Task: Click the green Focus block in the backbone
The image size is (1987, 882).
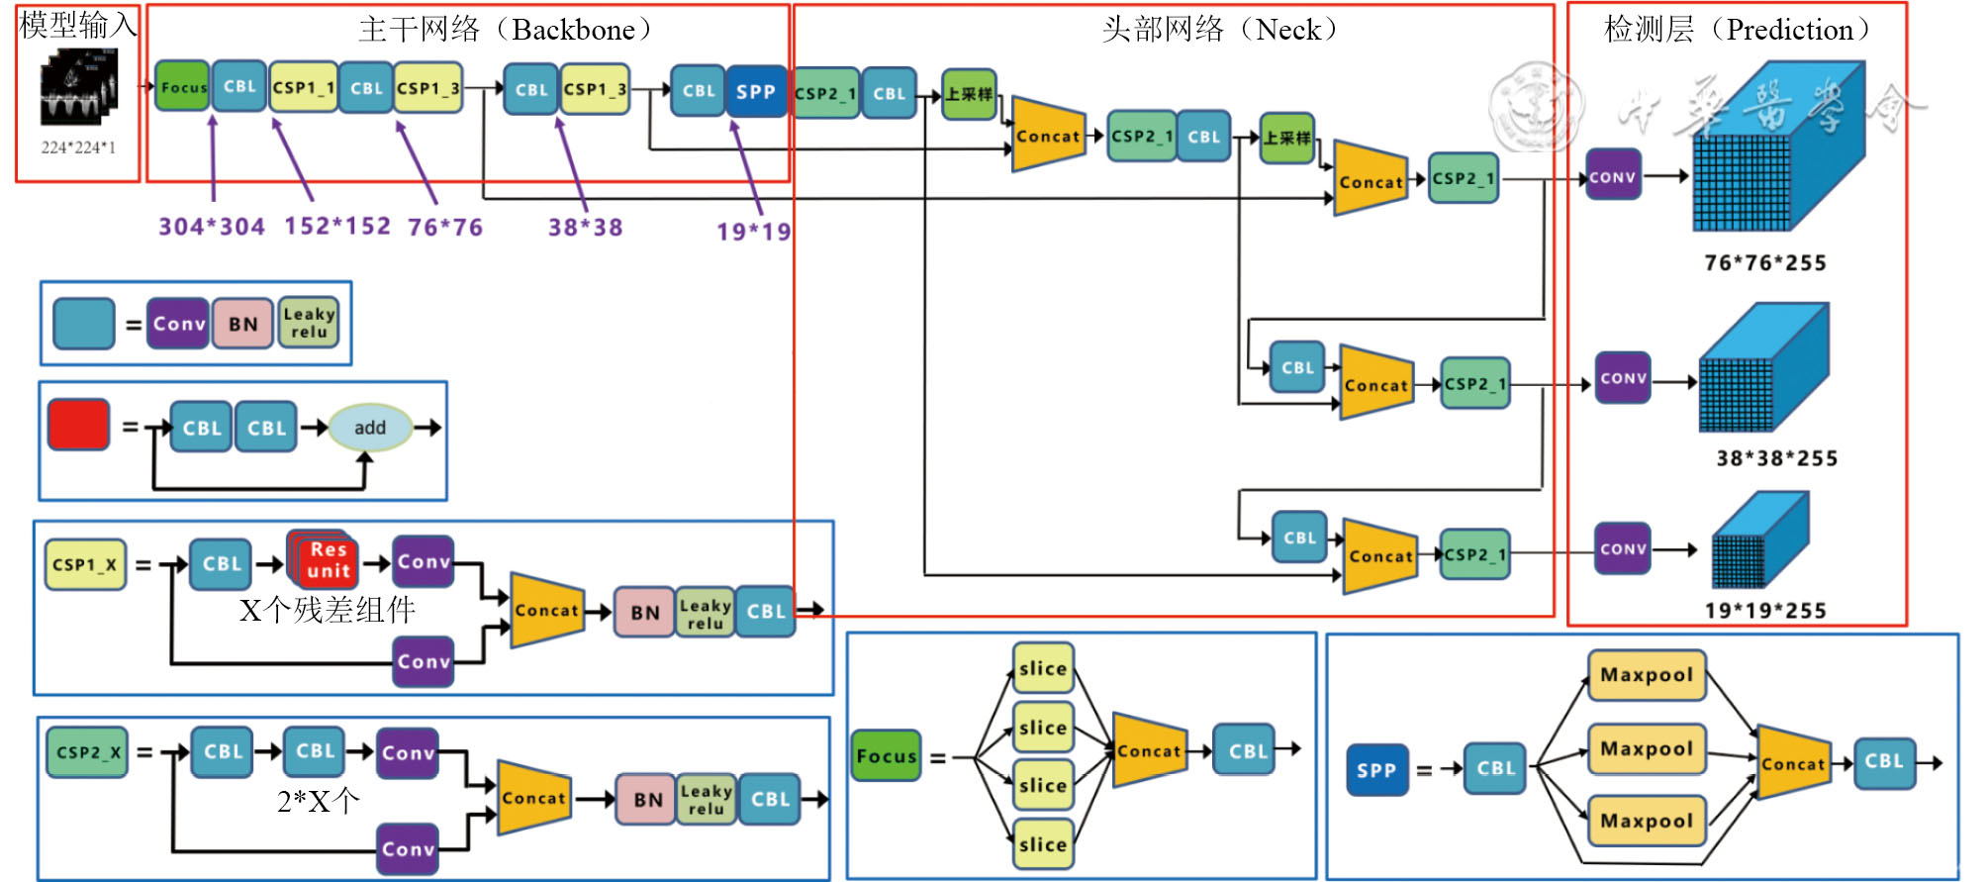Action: click(x=182, y=86)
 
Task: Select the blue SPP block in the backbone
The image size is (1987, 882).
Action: click(x=756, y=91)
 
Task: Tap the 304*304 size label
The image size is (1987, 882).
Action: click(x=212, y=227)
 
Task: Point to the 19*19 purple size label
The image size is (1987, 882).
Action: click(x=754, y=232)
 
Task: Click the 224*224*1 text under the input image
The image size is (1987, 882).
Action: click(x=78, y=147)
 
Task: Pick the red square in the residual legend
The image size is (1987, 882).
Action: click(x=78, y=425)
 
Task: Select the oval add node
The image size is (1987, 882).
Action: click(x=370, y=428)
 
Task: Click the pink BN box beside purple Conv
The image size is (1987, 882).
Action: click(x=242, y=324)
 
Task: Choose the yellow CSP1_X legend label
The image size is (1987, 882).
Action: click(x=85, y=564)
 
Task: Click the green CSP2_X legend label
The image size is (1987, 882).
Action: click(x=87, y=752)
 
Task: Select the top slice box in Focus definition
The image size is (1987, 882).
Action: click(x=1043, y=668)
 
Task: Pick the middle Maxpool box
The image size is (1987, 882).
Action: click(x=1647, y=748)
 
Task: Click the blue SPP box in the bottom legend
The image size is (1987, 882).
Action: click(x=1376, y=770)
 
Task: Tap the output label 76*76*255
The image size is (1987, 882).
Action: click(x=1765, y=263)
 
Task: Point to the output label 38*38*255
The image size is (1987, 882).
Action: click(x=1776, y=458)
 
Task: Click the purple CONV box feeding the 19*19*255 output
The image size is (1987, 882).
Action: click(x=1623, y=548)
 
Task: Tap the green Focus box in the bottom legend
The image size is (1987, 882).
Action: click(x=886, y=756)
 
